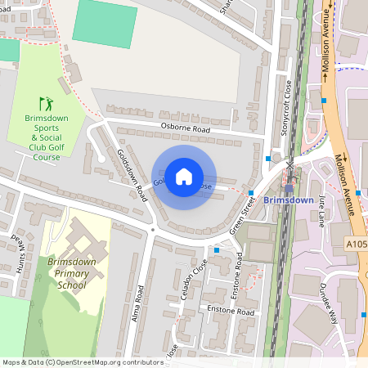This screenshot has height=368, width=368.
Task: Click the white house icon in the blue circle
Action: [184, 177]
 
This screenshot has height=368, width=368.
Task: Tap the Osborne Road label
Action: [186, 129]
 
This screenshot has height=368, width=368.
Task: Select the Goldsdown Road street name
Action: [131, 169]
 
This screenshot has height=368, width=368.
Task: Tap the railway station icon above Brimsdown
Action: [289, 188]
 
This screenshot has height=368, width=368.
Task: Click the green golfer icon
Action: [47, 104]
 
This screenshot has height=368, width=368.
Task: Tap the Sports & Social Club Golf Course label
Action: [47, 138]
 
